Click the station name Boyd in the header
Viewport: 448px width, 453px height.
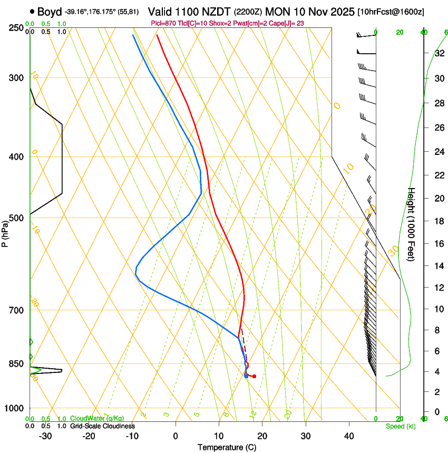(50, 11)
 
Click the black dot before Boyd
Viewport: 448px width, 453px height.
(33, 11)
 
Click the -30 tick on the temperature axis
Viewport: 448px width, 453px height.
(45, 436)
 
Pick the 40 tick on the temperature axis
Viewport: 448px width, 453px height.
(349, 436)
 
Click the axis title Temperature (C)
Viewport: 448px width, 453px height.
(227, 447)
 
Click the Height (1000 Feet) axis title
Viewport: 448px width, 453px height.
(412, 224)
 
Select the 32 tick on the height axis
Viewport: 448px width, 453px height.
(439, 53)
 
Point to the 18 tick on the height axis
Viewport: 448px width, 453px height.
(439, 221)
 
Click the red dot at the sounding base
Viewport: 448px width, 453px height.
(254, 376)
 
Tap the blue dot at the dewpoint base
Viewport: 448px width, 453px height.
(246, 376)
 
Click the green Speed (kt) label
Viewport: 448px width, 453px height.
(400, 426)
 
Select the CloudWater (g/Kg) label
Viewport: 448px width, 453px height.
(98, 419)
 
